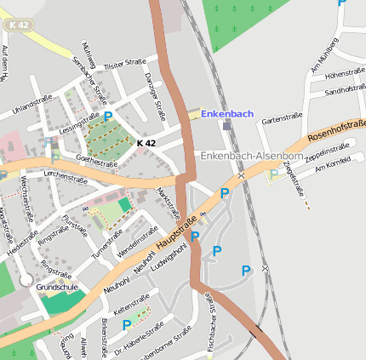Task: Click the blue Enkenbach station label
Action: [227, 113]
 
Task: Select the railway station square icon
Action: [226, 126]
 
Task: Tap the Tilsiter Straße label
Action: [125, 64]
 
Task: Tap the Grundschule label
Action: [57, 288]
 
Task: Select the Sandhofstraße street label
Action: [345, 89]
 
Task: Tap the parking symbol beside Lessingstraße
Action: [108, 116]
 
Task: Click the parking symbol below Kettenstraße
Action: [127, 324]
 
